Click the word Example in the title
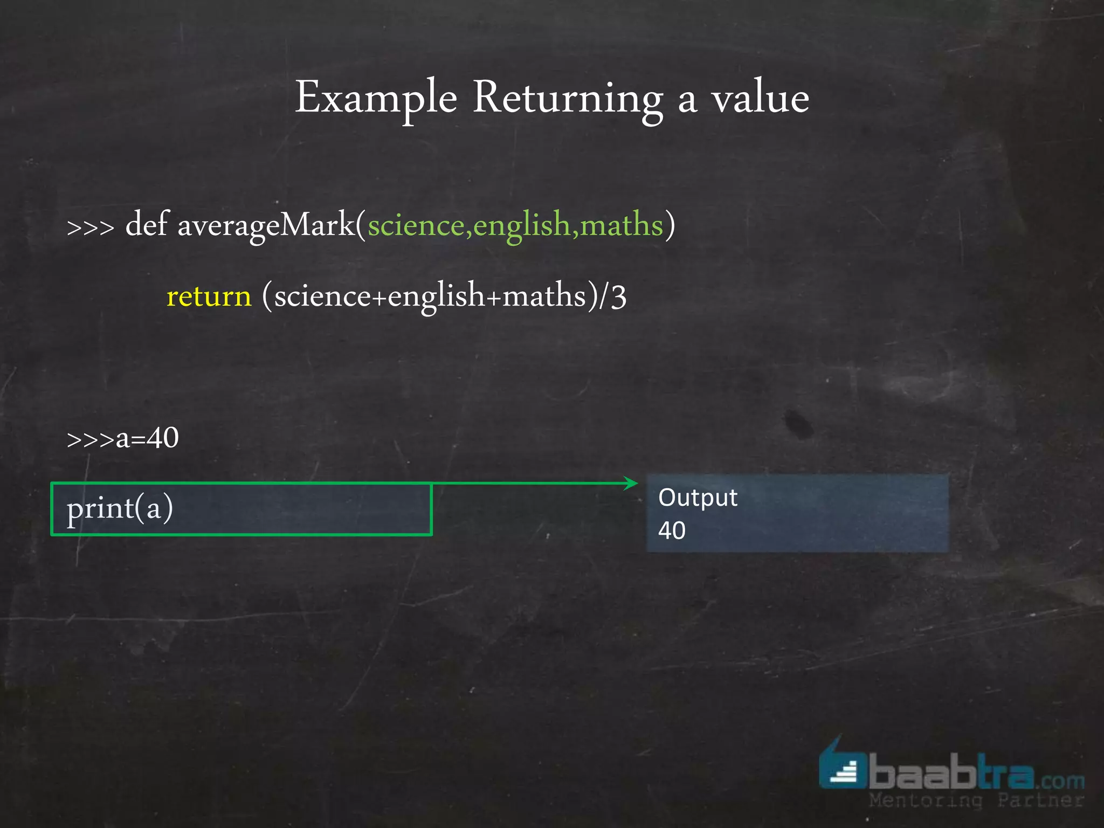tap(376, 98)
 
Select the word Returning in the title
tap(568, 98)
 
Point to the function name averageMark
tap(266, 225)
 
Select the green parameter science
tap(416, 225)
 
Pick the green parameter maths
tap(621, 225)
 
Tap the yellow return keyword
tap(209, 296)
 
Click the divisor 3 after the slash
tap(619, 296)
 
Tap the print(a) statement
tap(120, 508)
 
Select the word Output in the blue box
tap(698, 498)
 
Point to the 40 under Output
tap(672, 530)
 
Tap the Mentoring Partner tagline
tap(976, 801)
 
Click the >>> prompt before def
tap(90, 227)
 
